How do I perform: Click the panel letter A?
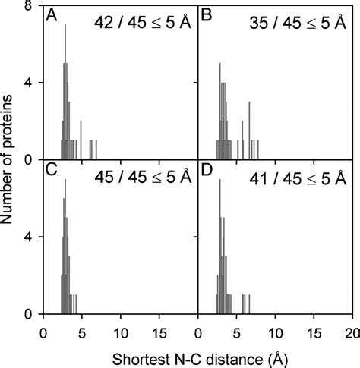51,15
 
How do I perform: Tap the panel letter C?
52,171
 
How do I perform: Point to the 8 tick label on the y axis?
28,5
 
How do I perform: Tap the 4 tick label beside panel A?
28,83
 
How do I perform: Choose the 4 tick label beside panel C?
28,237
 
